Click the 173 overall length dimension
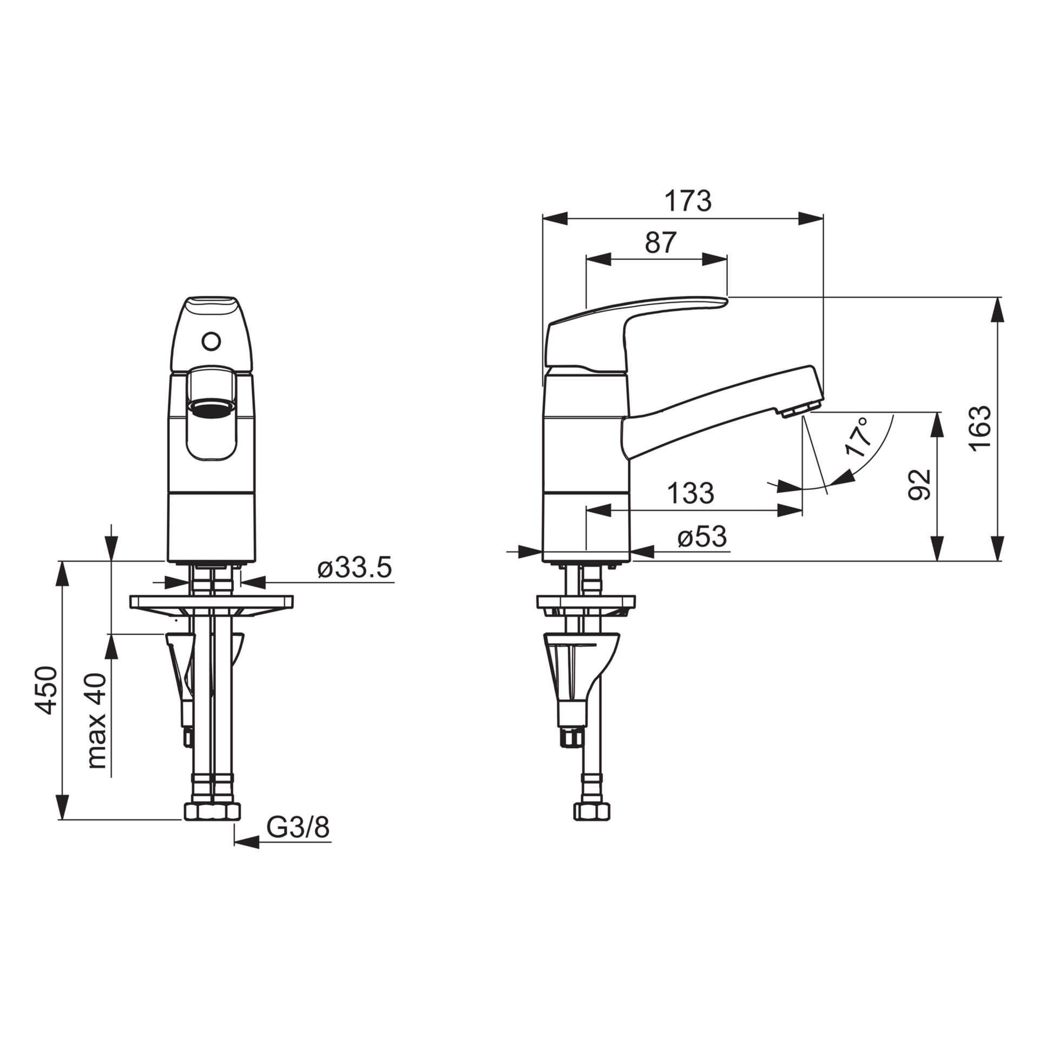[688, 201]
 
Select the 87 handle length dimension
[661, 243]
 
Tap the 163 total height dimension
[980, 426]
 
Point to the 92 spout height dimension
[919, 484]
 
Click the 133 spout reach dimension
[691, 493]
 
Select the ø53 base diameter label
[702, 537]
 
